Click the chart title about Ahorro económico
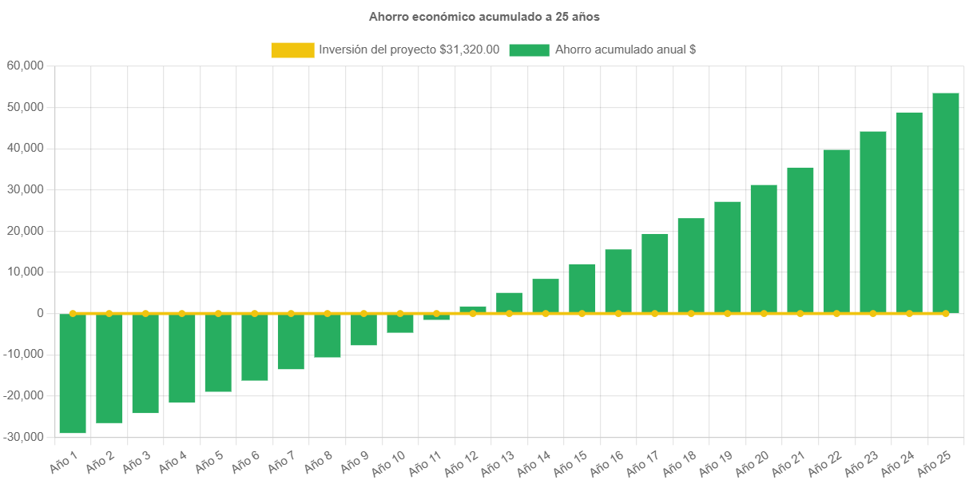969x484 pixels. coord(484,16)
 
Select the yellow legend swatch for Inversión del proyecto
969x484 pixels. coord(292,50)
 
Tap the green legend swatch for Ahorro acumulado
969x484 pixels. coord(529,50)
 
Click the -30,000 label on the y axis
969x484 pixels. coord(26,437)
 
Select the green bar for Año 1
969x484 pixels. coord(73,374)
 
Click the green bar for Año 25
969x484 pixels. coord(946,203)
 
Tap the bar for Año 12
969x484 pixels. coord(473,309)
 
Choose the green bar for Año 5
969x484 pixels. coord(218,353)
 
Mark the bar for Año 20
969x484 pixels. coord(764,248)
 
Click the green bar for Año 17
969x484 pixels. coord(655,273)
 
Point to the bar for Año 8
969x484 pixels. coord(328,335)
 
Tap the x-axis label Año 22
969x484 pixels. coord(824,464)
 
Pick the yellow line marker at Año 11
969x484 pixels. coord(436,313)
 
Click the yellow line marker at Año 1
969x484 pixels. coord(73,313)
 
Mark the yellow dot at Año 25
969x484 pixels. coord(946,313)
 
